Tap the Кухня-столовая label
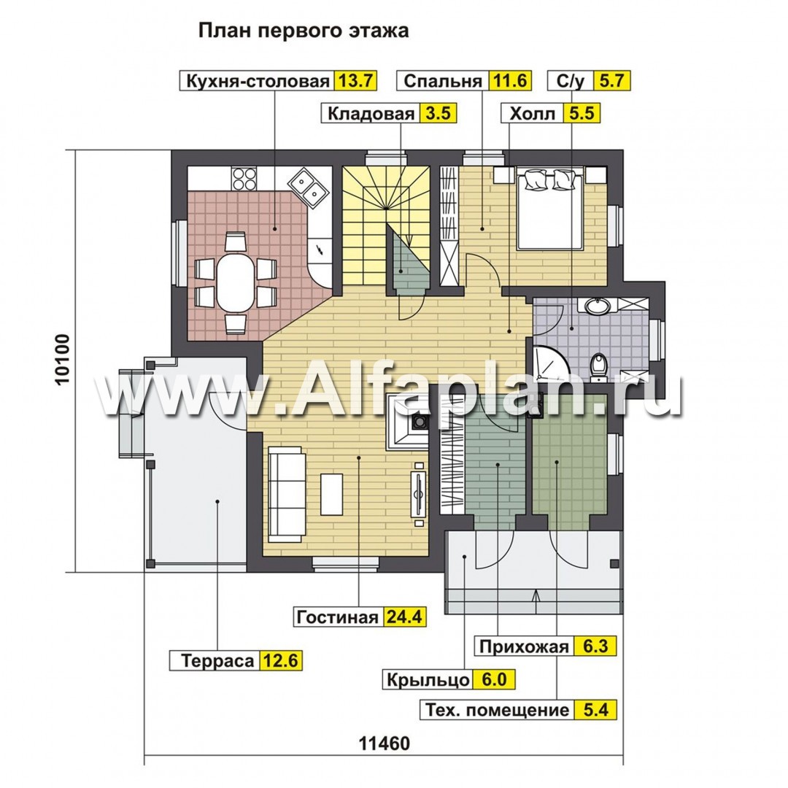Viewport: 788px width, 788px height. tap(256, 80)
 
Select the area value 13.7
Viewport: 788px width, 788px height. tap(355, 80)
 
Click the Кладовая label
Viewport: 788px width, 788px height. tap(371, 114)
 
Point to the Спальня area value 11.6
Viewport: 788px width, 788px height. tap(511, 80)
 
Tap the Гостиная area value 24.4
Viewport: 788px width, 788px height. tap(403, 617)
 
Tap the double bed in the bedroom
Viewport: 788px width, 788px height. tap(550, 208)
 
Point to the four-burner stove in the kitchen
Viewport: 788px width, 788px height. tap(244, 178)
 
